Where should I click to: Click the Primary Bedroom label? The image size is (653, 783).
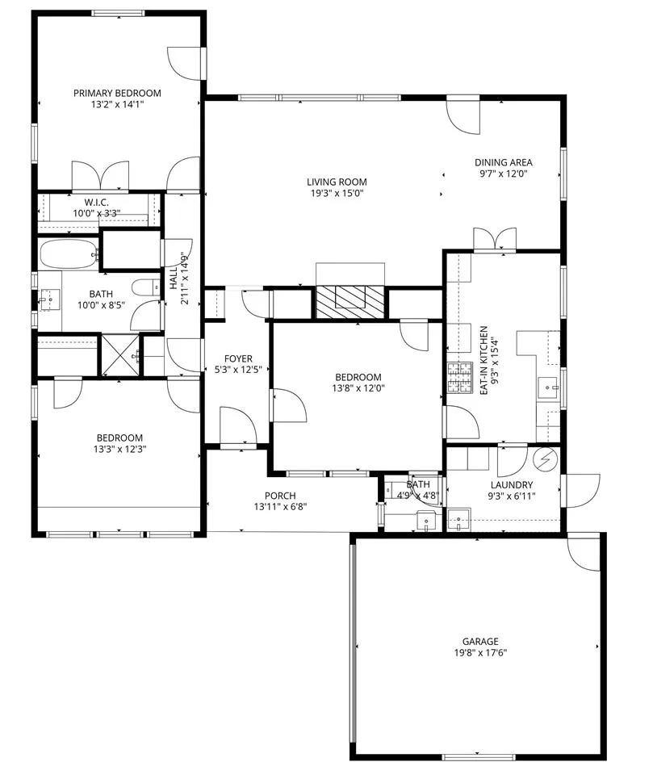pos(117,93)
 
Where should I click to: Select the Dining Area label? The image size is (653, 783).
pos(503,161)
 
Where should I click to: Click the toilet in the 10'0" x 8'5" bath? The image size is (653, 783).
pos(146,288)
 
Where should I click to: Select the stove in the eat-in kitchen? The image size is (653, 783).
pos(460,378)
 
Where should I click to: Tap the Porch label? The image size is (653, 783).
pos(280,496)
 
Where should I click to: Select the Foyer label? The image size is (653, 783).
pos(239,358)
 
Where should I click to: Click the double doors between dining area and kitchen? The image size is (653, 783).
pos(495,241)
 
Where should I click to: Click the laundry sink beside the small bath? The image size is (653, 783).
pos(458,517)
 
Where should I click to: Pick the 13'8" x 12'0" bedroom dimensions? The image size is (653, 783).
pos(358,388)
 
